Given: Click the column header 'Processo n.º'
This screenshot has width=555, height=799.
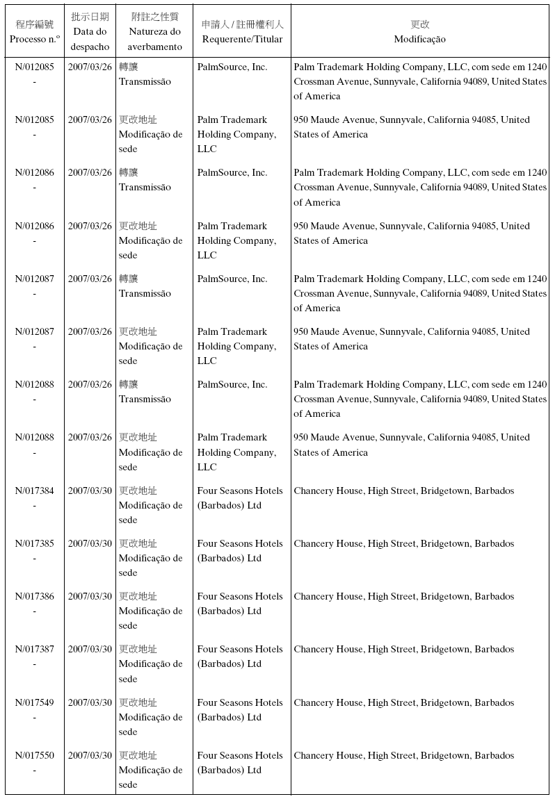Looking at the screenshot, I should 34,39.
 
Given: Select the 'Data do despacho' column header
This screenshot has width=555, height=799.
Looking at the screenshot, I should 90,39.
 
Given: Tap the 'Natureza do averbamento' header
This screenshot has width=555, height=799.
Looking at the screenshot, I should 154,39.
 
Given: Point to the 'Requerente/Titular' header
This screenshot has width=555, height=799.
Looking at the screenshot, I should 242,39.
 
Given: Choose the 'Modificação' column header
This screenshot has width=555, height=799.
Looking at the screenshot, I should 419,39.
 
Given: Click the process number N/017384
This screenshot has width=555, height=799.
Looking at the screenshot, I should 34,491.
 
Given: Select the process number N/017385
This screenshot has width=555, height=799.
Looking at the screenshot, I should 34,543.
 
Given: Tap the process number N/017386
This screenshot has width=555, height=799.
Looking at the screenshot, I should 34,596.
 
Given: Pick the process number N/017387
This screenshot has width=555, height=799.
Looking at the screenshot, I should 34,649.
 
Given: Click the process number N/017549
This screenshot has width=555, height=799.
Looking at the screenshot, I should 34,702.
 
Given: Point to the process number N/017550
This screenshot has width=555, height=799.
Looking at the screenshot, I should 34,755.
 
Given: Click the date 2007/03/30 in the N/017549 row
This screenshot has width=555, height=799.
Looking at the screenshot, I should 90,702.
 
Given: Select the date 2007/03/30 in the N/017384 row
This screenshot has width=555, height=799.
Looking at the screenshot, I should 90,491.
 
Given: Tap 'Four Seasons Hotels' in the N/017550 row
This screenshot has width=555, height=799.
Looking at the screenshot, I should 240,755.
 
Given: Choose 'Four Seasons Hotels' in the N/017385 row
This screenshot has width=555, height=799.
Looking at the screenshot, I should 240,543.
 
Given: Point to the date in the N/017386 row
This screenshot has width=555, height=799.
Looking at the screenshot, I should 90,596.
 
